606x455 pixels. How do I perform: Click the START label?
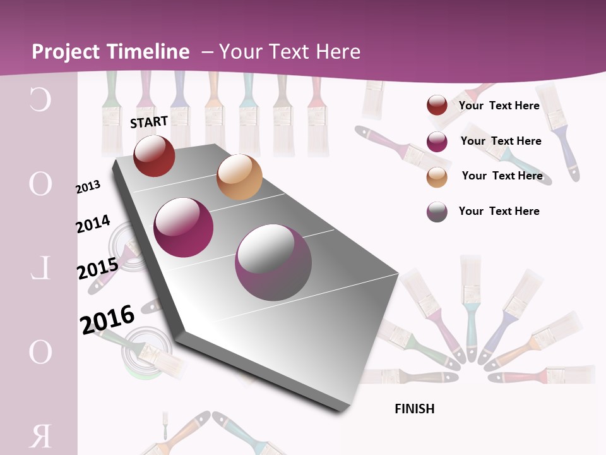coord(149,122)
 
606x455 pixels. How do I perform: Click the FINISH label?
coord(414,409)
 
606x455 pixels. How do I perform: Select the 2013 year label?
coord(88,187)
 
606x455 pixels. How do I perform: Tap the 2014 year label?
coord(93,224)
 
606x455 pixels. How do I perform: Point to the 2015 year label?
coord(97,269)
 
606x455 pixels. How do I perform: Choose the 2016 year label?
coord(107,319)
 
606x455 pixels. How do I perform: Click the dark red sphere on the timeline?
coord(154,155)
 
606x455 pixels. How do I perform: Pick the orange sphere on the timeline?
coord(239,177)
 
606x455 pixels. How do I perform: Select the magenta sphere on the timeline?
coord(183,227)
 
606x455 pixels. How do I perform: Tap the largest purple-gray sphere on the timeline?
coord(273,262)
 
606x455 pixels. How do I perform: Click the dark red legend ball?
coord(437,106)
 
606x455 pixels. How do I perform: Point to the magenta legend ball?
coord(437,142)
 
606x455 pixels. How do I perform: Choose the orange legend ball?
coord(437,177)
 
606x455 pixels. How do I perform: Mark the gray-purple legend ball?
coord(437,212)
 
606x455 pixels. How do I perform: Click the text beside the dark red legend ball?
coord(499,106)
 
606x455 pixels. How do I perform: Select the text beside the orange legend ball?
coord(502,176)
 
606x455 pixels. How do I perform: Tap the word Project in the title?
coord(66,52)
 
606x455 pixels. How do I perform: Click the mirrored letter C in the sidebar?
coord(40,100)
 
